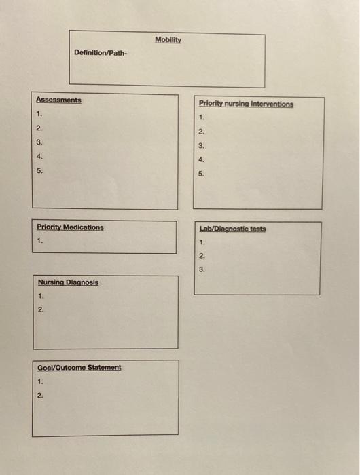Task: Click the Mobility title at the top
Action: coord(168,39)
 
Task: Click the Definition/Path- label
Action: coord(101,53)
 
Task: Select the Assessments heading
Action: coord(58,100)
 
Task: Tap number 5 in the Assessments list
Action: coord(39,170)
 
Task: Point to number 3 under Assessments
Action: coord(39,142)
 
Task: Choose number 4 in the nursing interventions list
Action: coord(201,159)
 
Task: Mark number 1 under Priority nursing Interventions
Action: coord(202,117)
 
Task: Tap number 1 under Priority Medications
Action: coord(39,240)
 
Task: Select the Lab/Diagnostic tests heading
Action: coord(232,229)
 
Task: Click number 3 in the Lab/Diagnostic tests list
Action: coord(202,269)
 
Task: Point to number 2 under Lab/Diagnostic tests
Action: coord(202,256)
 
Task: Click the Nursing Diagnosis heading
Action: coord(68,282)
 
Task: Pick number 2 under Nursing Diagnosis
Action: coord(41,309)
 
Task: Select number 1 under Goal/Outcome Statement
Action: coord(40,381)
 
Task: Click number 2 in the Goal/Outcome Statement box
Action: coord(40,395)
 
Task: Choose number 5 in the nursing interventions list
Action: coord(201,174)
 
